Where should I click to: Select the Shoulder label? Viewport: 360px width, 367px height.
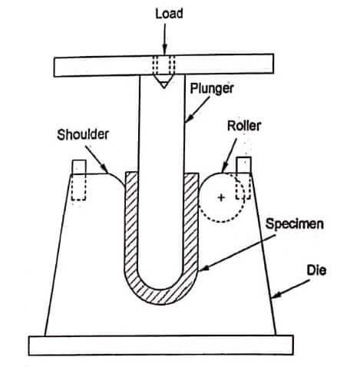pyautogui.click(x=83, y=134)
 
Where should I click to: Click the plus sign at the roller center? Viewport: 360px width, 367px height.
pyautogui.click(x=222, y=198)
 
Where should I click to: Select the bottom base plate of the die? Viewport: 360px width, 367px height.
pyautogui.click(x=163, y=346)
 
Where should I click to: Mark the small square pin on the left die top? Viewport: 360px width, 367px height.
pyautogui.click(x=79, y=167)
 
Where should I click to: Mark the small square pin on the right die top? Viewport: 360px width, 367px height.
pyautogui.click(x=245, y=166)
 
